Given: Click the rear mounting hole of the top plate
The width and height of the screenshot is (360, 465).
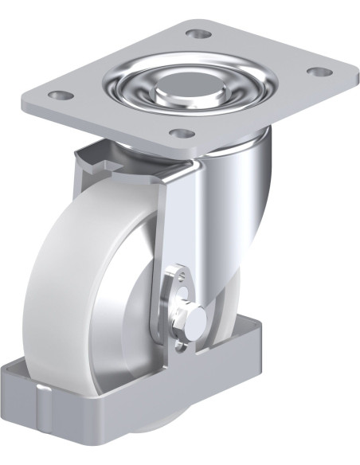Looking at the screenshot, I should pyautogui.click(x=198, y=34).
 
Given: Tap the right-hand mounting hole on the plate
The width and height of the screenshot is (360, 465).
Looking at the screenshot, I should pyautogui.click(x=319, y=72).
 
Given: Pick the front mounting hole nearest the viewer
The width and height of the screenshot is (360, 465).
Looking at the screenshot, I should pyautogui.click(x=182, y=133).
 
